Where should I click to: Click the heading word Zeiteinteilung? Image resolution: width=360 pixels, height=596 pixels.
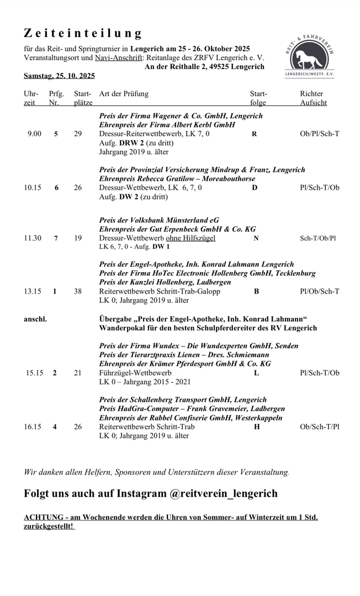[83, 34]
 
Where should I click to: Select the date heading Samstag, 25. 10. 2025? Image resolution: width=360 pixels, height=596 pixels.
[59, 76]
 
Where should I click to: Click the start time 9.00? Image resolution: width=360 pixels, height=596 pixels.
[34, 134]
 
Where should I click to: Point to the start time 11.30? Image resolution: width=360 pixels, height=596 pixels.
[33, 238]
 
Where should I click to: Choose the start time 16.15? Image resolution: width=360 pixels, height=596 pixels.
[33, 427]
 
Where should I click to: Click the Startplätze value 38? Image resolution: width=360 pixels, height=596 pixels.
[78, 291]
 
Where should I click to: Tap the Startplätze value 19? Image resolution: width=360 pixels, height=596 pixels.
[78, 238]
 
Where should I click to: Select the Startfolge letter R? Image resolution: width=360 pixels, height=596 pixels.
[254, 134]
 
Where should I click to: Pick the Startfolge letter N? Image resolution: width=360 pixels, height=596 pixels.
[256, 238]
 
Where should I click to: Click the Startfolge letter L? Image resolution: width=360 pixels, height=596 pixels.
[256, 373]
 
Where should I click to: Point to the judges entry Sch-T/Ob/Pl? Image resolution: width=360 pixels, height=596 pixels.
[318, 238]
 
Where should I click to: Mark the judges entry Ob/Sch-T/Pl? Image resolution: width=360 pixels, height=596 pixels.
[320, 427]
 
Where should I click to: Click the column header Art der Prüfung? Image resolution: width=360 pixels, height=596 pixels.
[124, 94]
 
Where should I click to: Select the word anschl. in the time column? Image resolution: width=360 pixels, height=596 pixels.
[35, 319]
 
